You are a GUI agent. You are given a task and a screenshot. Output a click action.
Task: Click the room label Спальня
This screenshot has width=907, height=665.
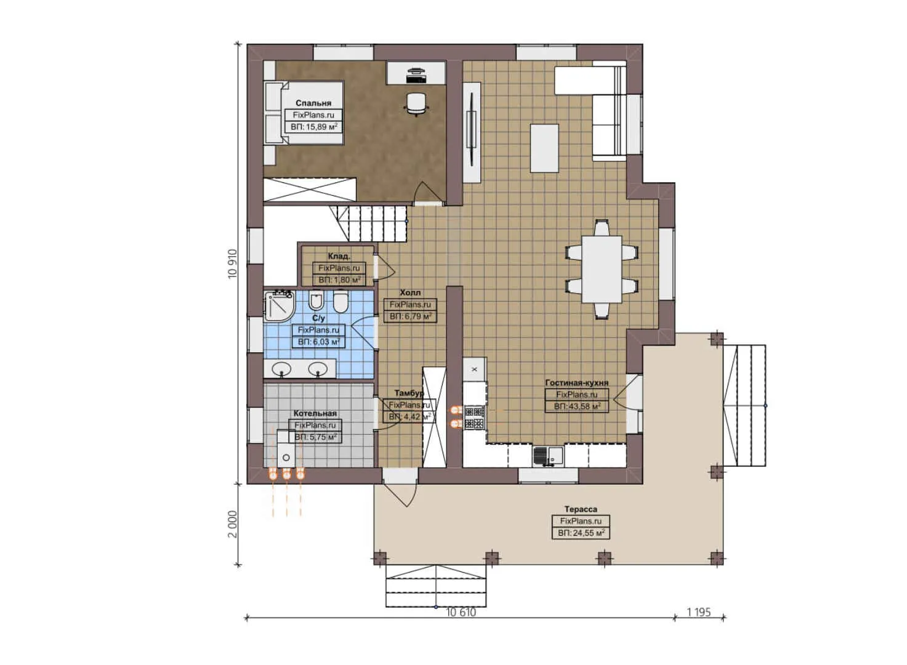pos(313,103)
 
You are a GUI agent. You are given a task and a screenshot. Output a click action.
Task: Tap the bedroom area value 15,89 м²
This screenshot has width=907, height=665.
pos(313,127)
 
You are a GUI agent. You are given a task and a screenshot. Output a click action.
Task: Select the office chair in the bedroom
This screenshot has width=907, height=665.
pos(416,103)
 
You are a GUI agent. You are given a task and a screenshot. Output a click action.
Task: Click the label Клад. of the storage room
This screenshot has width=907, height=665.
pos(339,256)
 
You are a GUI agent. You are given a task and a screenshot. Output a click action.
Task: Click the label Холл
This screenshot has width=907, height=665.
pos(410,293)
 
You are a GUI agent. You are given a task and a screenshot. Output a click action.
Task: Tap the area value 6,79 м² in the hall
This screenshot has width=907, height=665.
pos(410,316)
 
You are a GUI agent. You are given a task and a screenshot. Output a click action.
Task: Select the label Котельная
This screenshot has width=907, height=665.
pos(315,414)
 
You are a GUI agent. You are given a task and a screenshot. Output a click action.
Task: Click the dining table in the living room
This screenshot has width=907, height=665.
pos(602,269)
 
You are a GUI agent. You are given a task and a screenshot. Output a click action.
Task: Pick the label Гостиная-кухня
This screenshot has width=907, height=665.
pos(576,383)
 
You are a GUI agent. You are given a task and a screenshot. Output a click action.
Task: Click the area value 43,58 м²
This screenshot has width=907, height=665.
pos(577,406)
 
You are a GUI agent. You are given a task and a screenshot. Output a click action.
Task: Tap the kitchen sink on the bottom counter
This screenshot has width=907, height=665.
pos(547,456)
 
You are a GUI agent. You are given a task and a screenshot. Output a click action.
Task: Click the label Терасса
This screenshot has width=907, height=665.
pos(581,509)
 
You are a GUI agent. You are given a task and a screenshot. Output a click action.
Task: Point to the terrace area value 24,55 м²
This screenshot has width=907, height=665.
pos(581,533)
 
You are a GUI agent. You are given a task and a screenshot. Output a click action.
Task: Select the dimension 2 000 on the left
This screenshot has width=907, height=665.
pos(232,524)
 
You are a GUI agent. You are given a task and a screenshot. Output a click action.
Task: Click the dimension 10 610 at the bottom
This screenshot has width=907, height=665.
pos(461,612)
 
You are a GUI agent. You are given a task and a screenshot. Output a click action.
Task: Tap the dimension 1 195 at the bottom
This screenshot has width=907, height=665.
pos(699,612)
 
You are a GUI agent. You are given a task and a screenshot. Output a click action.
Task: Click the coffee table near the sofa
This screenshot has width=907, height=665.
pos(545,148)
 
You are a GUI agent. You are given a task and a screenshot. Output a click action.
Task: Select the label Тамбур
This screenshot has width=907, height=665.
pos(409,393)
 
